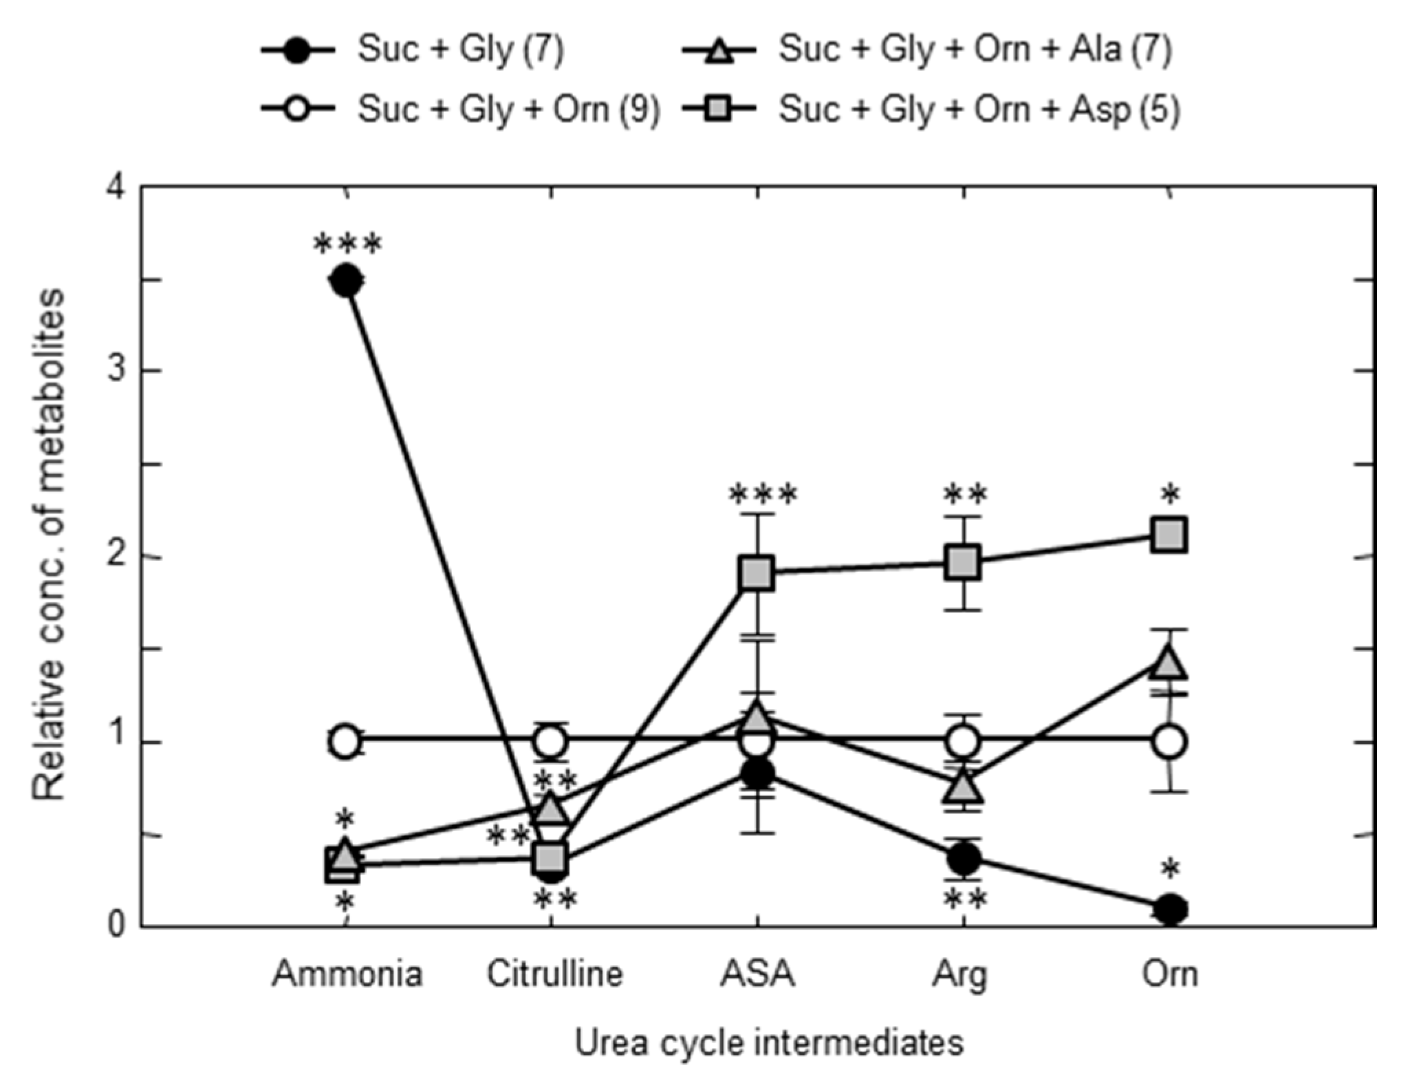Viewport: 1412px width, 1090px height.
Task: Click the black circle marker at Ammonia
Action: [x=346, y=280]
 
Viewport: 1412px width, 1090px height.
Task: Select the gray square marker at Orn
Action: [x=1170, y=535]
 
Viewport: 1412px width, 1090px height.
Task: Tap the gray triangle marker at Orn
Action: [x=1169, y=663]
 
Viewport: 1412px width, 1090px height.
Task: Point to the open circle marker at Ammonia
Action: [x=346, y=742]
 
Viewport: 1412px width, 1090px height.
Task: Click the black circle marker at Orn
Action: [x=1170, y=909]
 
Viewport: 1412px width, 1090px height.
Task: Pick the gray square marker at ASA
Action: [x=757, y=573]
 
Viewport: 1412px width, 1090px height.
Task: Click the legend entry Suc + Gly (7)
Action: [x=459, y=50]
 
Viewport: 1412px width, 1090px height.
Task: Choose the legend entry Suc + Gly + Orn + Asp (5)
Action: [x=979, y=109]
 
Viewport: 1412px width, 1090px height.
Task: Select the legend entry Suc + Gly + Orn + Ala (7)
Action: [x=975, y=50]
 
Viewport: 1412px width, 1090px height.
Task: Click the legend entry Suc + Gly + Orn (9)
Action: [x=508, y=109]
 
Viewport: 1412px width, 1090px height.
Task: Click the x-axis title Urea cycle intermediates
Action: [x=768, y=1043]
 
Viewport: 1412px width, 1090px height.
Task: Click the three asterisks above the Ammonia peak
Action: [x=347, y=245]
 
